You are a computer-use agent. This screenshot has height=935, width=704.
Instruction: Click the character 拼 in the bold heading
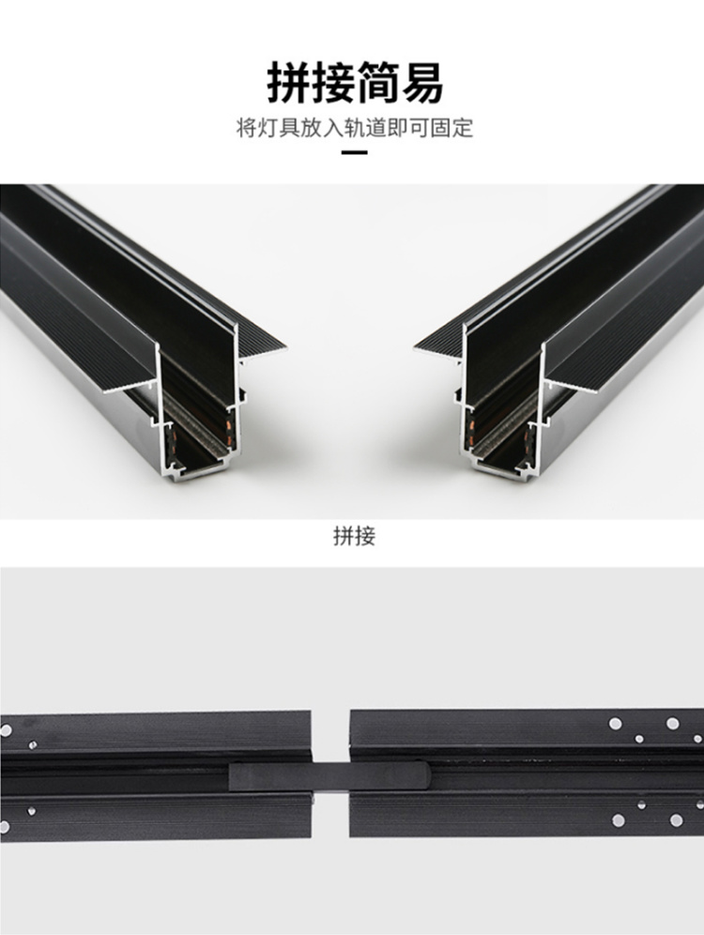click(x=288, y=83)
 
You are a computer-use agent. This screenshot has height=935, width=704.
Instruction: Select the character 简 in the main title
click(x=376, y=83)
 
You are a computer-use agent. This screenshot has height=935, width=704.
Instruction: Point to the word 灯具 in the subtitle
click(x=278, y=128)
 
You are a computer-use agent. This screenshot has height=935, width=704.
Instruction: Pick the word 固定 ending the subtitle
click(x=452, y=128)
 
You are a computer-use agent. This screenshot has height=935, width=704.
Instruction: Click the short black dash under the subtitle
click(x=355, y=153)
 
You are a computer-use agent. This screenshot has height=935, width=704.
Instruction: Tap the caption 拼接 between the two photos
click(x=355, y=535)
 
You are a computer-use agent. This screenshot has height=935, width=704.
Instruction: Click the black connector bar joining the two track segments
click(x=330, y=775)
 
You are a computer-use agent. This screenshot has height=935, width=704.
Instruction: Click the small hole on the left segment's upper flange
click(x=32, y=744)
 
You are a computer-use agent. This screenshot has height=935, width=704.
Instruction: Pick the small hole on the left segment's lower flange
click(x=31, y=811)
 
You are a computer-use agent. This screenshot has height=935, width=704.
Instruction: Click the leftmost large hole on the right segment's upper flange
click(x=615, y=724)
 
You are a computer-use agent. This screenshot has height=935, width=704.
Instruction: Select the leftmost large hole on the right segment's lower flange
click(x=619, y=820)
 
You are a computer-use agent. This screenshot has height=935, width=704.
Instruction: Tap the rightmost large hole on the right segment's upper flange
click(x=672, y=724)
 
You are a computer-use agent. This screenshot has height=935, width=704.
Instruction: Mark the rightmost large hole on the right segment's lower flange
click(x=676, y=820)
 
